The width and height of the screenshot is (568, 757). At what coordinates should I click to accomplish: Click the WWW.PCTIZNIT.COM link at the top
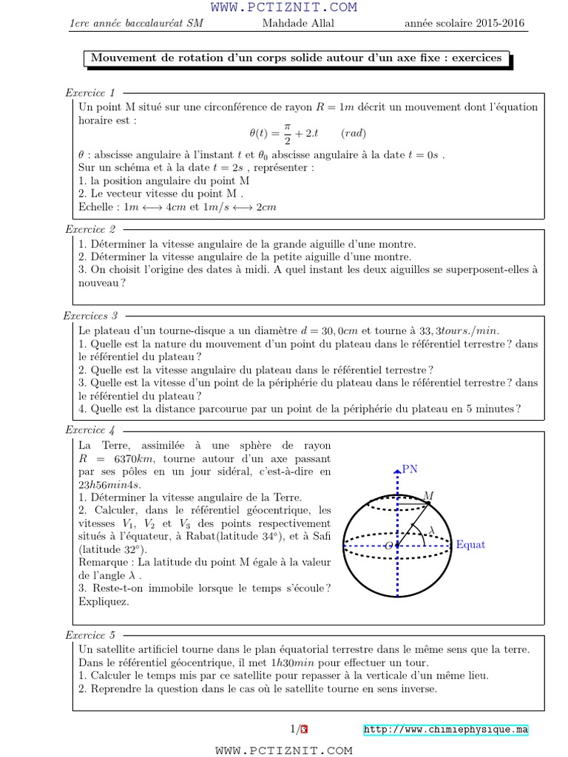pyautogui.click(x=284, y=7)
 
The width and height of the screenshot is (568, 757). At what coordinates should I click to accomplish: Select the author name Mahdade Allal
pyautogui.click(x=298, y=24)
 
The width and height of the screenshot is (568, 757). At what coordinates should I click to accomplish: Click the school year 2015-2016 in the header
pyautogui.click(x=464, y=24)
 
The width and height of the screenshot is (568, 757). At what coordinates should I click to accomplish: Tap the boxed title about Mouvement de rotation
pyautogui.click(x=295, y=58)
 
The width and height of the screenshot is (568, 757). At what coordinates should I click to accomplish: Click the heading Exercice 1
pyautogui.click(x=90, y=93)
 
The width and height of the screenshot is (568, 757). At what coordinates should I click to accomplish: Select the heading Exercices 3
pyautogui.click(x=90, y=316)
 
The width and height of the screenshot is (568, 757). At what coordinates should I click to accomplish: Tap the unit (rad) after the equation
pyautogui.click(x=353, y=134)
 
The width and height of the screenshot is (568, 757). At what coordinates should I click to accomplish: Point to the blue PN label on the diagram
pyautogui.click(x=409, y=469)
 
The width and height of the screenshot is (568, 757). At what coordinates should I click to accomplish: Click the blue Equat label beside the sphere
pyautogui.click(x=470, y=545)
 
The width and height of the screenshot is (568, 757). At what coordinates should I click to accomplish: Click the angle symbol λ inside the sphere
pyautogui.click(x=432, y=530)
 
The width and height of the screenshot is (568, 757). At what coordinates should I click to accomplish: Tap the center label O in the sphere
pyautogui.click(x=388, y=546)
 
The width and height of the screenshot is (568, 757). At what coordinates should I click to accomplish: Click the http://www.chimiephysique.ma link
pyautogui.click(x=445, y=730)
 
